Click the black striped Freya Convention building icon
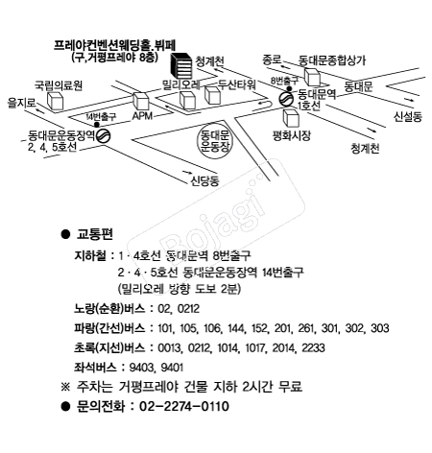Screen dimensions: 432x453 (181, 66)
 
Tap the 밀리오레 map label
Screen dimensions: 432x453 (181, 84)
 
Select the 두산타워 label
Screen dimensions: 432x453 (237, 84)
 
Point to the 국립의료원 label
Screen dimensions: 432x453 (59, 85)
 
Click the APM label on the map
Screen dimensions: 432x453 (142, 116)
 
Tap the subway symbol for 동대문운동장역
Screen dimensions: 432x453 (104, 135)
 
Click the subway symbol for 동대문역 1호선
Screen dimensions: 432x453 (285, 99)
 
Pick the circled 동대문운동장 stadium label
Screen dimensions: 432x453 (214, 141)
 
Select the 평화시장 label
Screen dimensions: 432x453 (291, 135)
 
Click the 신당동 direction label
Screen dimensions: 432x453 (204, 181)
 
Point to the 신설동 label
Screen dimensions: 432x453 (408, 116)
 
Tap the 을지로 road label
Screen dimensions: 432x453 (22, 103)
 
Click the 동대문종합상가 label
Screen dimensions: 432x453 (332, 60)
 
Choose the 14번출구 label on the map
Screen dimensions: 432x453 (101, 116)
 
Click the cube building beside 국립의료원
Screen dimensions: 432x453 (55, 101)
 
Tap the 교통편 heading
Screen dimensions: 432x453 (95, 234)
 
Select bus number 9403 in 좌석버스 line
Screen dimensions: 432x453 (141, 368)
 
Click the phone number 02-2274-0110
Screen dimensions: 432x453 (184, 406)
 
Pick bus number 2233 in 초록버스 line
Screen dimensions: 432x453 (313, 347)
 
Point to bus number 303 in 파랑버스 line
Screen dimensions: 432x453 (380, 328)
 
